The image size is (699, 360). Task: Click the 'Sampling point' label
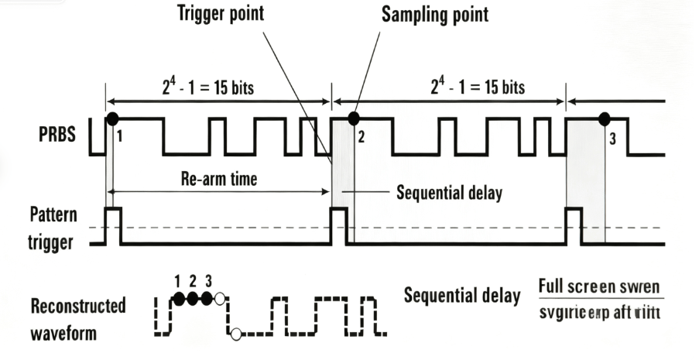[x=435, y=15]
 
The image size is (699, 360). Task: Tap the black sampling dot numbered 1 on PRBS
[x=112, y=118]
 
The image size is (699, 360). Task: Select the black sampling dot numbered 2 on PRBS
[x=354, y=118]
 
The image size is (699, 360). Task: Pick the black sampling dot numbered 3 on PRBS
[x=605, y=118]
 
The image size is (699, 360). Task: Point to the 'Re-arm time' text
[x=219, y=179]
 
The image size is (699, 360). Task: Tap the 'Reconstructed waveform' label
[x=77, y=319]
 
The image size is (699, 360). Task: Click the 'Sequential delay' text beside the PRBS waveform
[x=449, y=193]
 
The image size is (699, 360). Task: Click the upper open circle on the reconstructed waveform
[x=220, y=299]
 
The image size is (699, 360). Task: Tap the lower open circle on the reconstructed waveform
[x=235, y=334]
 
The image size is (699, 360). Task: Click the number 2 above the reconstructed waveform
[x=194, y=281]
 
